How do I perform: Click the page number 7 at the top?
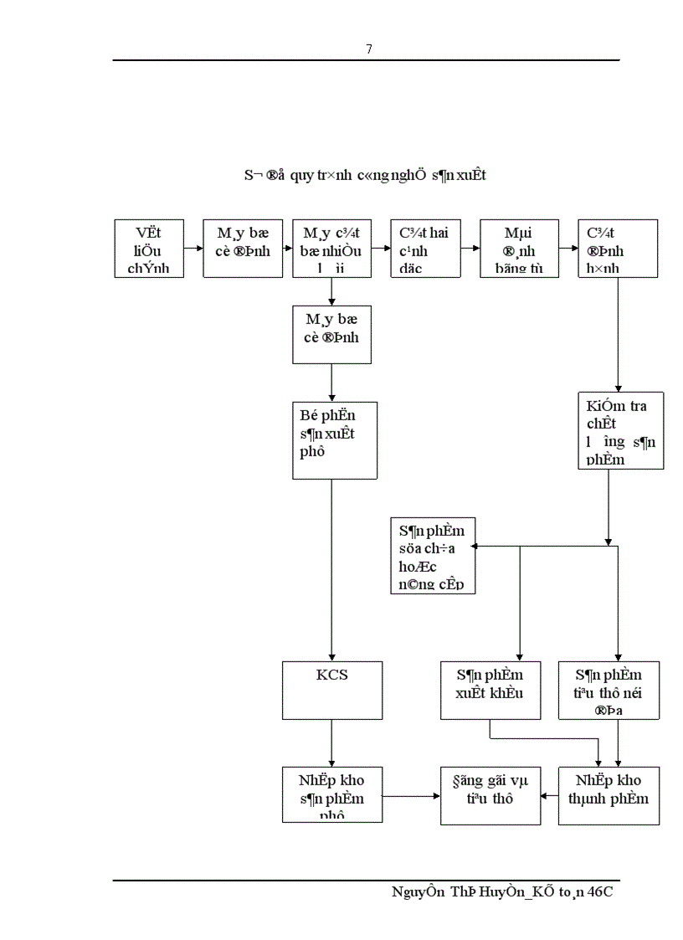tap(369, 49)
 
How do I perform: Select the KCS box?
tap(332, 690)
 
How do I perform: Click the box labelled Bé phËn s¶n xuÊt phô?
tap(335, 440)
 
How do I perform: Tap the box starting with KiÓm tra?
tap(620, 429)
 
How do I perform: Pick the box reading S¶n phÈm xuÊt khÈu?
tap(490, 690)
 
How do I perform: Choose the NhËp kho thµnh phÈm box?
tap(609, 794)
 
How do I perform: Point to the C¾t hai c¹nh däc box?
tap(425, 249)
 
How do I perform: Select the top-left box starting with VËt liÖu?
tap(149, 249)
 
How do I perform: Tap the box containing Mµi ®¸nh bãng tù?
tap(519, 249)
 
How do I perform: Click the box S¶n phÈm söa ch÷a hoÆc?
tap(433, 556)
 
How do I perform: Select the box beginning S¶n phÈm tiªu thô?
tap(609, 690)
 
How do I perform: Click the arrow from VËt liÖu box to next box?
tap(193, 249)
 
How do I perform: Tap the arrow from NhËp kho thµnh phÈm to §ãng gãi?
tap(549, 796)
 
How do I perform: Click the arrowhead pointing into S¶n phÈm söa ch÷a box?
tap(474, 547)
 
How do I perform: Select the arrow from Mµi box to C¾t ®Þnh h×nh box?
tap(568, 249)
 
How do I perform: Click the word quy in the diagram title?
tap(295, 176)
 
